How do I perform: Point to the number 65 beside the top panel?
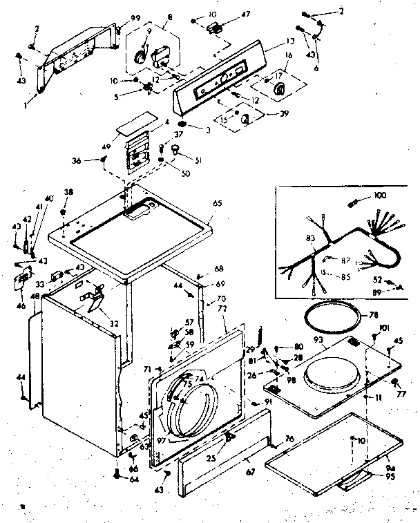pos(218,205)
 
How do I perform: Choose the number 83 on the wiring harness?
pos(309,238)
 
